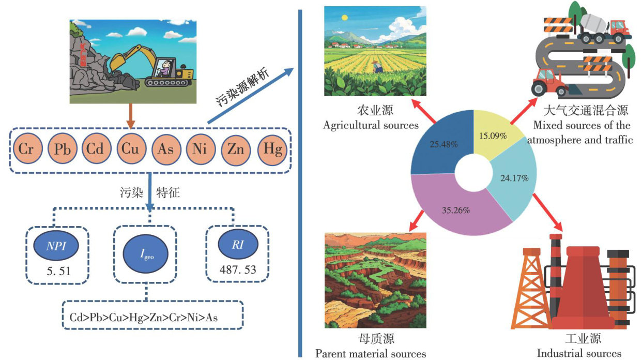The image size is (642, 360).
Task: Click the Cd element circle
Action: (x=96, y=149)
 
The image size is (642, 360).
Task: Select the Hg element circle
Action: (x=272, y=149)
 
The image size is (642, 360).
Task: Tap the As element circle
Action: (x=166, y=149)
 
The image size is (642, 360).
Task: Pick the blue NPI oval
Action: (x=55, y=246)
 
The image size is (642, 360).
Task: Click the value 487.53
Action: (x=237, y=270)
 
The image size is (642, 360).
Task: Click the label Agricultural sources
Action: (x=371, y=125)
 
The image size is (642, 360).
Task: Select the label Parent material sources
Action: (x=371, y=354)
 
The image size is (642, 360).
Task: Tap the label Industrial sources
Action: (x=579, y=354)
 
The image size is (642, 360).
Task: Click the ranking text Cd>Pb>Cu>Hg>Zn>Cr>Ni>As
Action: (x=144, y=317)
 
